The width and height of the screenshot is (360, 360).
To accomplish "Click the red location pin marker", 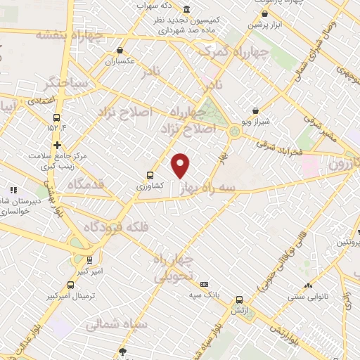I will pyautogui.click(x=181, y=165).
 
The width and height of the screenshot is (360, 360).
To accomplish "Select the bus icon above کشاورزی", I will pyautogui.click(x=150, y=176).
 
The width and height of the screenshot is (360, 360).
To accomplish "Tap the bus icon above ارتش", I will pyautogui.click(x=239, y=299).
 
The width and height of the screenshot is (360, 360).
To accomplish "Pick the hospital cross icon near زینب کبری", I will pyautogui.click(x=57, y=144).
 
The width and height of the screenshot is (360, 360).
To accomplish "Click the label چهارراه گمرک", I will pyautogui.click(x=233, y=51).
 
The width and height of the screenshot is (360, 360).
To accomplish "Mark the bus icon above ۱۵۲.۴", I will pyautogui.click(x=56, y=118).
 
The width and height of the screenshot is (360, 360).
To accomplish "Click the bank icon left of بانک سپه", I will pyautogui.click(x=204, y=283).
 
